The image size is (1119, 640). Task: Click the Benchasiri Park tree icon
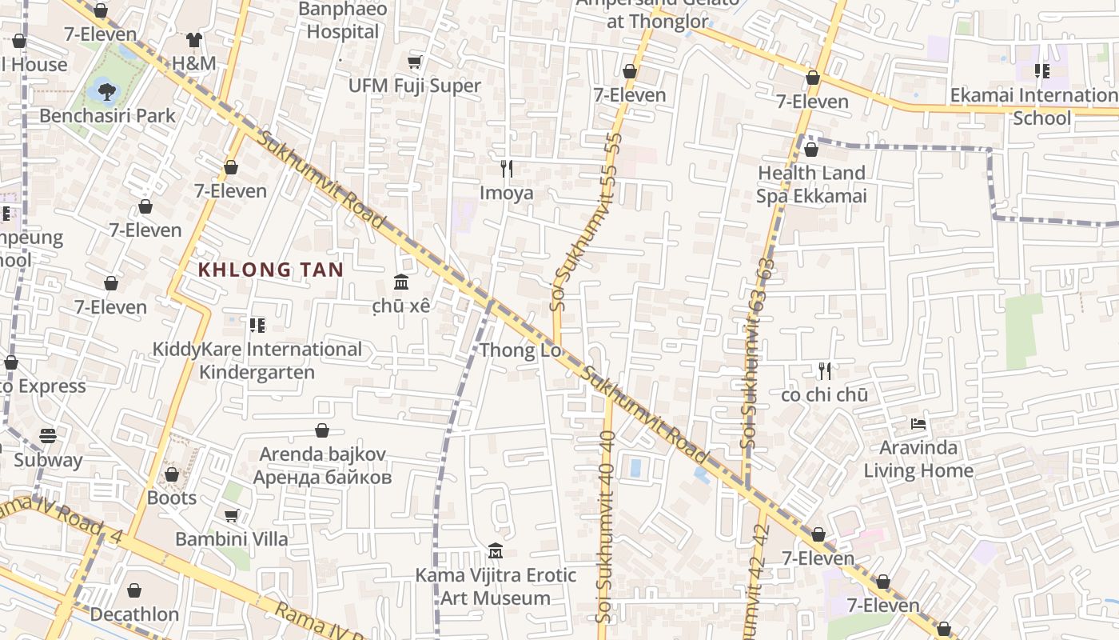click(x=106, y=90)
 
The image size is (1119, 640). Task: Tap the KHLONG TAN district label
click(x=270, y=270)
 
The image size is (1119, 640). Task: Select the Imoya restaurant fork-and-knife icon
click(x=506, y=168)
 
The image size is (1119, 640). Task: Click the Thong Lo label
click(x=520, y=350)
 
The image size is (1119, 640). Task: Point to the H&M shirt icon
click(x=194, y=39)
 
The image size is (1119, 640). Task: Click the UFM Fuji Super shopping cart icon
click(x=414, y=62)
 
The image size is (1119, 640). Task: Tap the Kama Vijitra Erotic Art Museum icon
click(x=495, y=551)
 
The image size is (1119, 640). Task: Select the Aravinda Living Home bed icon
click(x=918, y=423)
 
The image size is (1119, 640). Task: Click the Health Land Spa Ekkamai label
click(x=811, y=184)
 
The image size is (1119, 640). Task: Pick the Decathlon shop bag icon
click(x=134, y=590)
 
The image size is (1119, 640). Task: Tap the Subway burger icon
click(x=48, y=436)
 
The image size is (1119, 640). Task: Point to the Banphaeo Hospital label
click(x=343, y=21)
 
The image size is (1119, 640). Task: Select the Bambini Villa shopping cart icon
click(x=231, y=515)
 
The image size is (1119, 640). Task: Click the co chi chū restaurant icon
click(x=825, y=370)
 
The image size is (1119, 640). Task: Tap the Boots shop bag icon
click(x=171, y=474)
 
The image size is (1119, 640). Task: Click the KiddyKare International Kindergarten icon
click(x=257, y=325)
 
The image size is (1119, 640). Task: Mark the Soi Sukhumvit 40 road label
click(x=605, y=528)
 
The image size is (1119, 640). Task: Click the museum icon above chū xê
click(x=401, y=282)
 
